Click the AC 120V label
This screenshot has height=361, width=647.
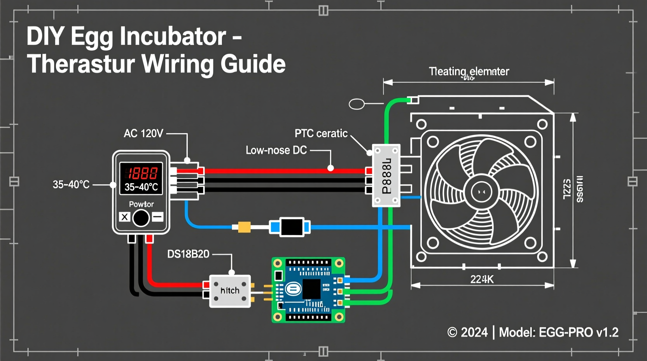143,134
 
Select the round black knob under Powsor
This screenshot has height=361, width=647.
141,218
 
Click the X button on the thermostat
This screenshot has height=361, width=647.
124,217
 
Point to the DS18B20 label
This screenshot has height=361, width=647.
188,254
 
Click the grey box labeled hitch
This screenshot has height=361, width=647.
230,291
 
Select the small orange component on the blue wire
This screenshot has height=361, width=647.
244,227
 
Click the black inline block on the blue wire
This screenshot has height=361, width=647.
292,227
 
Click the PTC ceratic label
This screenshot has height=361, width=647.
321,133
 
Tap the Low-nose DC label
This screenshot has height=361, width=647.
276,150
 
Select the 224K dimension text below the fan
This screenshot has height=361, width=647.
482,279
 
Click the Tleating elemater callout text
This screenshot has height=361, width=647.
469,72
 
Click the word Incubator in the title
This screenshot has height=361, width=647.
173,37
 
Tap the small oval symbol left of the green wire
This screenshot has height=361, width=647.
357,104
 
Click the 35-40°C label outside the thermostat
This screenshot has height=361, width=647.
71,184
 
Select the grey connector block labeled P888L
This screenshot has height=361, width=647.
386,176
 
